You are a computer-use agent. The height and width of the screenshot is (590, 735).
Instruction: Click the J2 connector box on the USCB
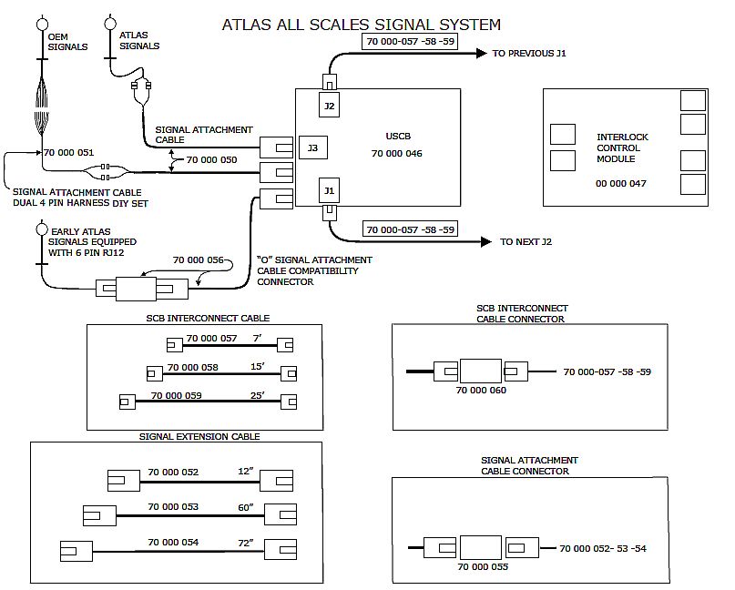coord(330,107)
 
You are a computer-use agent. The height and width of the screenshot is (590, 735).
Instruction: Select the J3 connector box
coord(312,147)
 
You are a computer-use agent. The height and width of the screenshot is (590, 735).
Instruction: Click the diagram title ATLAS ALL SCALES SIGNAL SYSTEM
coord(361,25)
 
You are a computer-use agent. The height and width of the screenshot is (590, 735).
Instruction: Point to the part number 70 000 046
coord(396,154)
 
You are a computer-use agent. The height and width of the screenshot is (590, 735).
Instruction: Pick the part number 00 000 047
coord(621,183)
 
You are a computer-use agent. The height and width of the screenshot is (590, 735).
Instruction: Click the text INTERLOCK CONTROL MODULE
coord(622,147)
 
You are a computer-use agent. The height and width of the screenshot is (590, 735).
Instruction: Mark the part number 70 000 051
coord(68,152)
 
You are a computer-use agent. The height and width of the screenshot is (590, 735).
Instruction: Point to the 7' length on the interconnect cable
coord(258,339)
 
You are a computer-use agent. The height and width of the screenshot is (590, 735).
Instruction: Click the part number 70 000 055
coord(483,566)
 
